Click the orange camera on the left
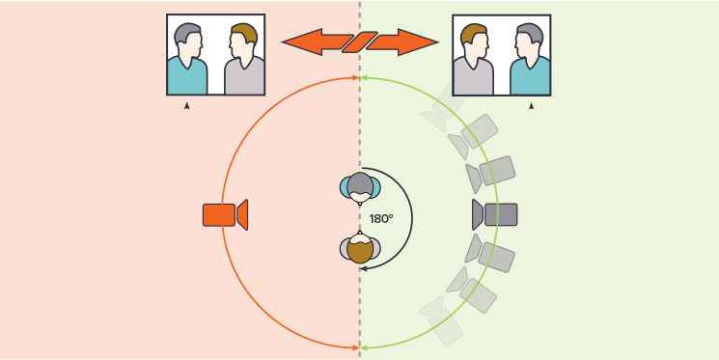[x=225, y=214]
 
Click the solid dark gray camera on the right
[x=495, y=214]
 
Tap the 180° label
[x=381, y=219]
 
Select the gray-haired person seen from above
[x=360, y=187]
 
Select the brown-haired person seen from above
[x=360, y=248]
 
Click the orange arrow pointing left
[x=317, y=42]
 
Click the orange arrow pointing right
[x=401, y=42]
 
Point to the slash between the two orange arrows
[x=359, y=42]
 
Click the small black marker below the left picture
[x=186, y=106]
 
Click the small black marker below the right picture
[x=531, y=106]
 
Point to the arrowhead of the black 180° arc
[x=363, y=268]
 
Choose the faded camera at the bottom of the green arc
[x=441, y=321]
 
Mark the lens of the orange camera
[x=242, y=214]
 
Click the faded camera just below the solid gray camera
[x=489, y=254]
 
